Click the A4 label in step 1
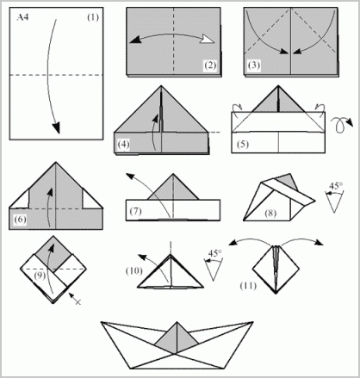coord(22,17)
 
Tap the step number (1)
coord(93,17)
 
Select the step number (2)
coord(210,65)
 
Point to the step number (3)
coord(253,65)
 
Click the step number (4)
coord(123,144)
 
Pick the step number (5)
coord(243,144)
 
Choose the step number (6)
coord(20,220)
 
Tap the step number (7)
coord(135,211)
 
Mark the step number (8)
coord(270,213)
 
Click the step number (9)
coord(40,276)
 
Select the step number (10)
coord(134,270)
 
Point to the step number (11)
coord(248,286)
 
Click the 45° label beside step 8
coord(336,186)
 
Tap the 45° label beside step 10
coord(214,253)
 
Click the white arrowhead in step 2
coord(207,40)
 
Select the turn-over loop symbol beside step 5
coord(342,124)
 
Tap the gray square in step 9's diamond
coord(53,253)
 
